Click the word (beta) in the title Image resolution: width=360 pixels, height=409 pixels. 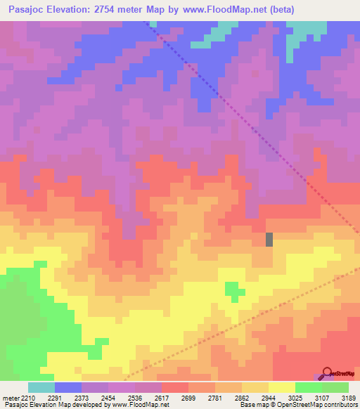(278, 10)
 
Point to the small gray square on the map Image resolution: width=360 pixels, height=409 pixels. (269, 239)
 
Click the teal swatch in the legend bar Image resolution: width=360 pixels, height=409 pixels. (41, 387)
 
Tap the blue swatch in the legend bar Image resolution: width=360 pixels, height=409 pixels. (67, 387)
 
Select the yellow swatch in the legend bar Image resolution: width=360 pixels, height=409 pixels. (281, 387)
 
